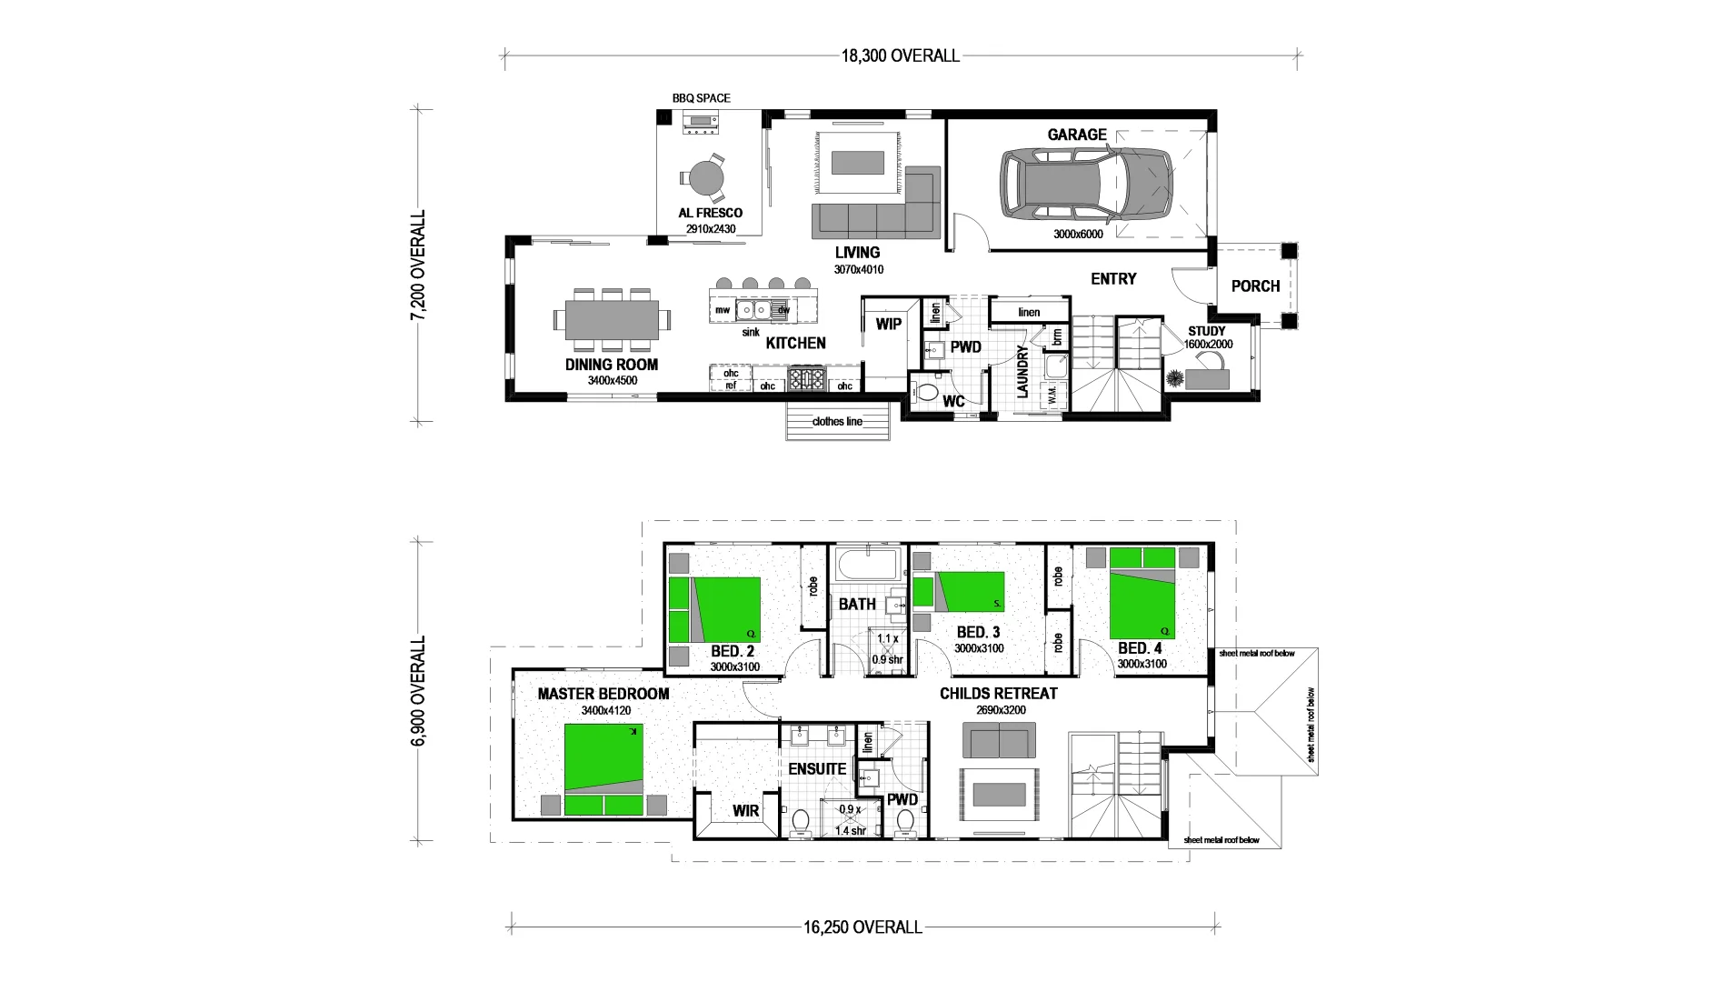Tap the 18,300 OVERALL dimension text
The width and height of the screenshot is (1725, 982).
click(900, 56)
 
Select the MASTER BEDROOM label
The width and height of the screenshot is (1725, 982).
click(603, 694)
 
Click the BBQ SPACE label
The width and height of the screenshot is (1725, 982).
click(701, 98)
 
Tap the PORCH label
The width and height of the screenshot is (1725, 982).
click(1255, 286)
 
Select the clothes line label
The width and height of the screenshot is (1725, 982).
click(837, 422)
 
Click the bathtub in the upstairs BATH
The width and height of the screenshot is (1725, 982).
click(868, 567)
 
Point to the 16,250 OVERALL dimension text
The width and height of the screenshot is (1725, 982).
click(862, 928)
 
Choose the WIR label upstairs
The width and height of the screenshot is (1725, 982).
click(745, 811)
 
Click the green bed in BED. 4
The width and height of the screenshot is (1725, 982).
click(1142, 592)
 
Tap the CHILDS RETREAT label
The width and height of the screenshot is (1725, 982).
click(998, 694)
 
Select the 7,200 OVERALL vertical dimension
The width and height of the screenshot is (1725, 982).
click(418, 266)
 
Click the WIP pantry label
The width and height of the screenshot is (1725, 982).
click(888, 325)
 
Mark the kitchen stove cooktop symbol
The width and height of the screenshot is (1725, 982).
click(805, 378)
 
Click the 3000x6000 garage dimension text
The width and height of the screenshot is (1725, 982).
click(1078, 235)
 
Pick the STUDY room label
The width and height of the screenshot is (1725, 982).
click(1206, 331)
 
